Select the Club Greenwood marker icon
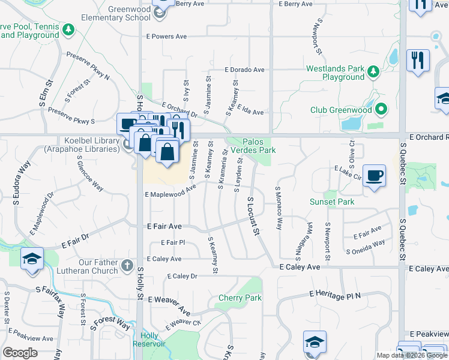click(380, 110)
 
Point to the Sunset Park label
click(332, 202)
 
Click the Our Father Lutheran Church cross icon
click(127, 265)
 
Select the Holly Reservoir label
click(152, 340)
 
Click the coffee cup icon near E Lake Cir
click(375, 176)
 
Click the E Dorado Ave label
click(244, 70)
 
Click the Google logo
click(20, 353)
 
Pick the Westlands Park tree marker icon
click(374, 72)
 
